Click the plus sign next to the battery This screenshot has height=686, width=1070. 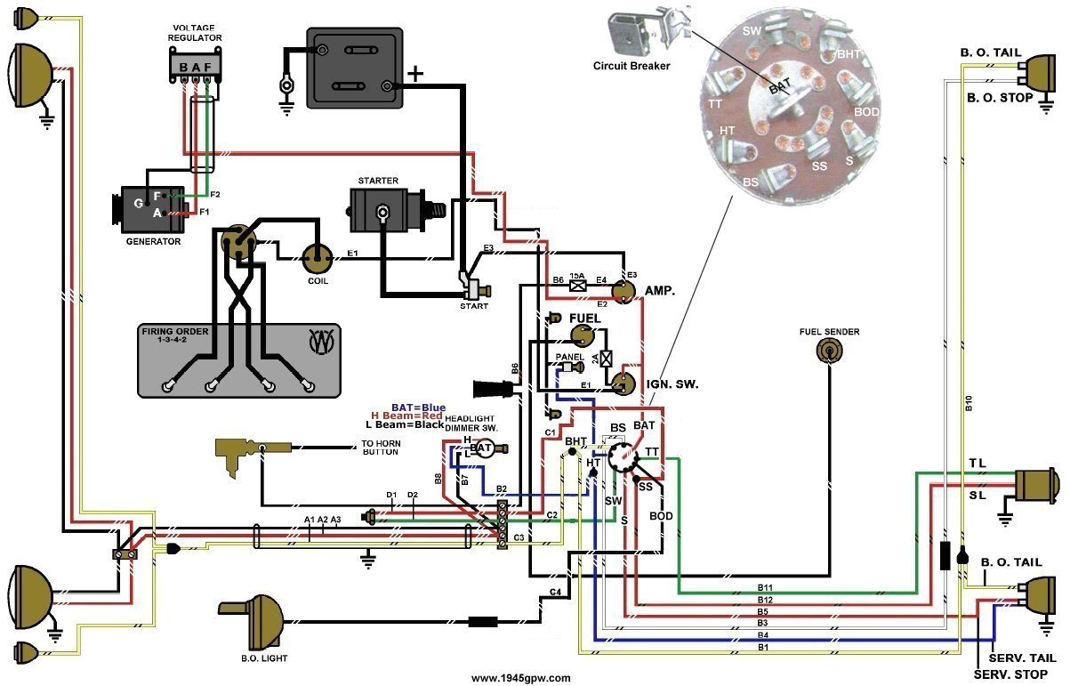click(x=414, y=73)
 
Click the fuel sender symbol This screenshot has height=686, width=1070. click(x=829, y=353)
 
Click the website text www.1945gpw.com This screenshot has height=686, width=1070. click(x=520, y=678)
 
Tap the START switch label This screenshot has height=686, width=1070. click(x=474, y=306)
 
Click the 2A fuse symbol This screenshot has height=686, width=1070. click(x=606, y=359)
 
